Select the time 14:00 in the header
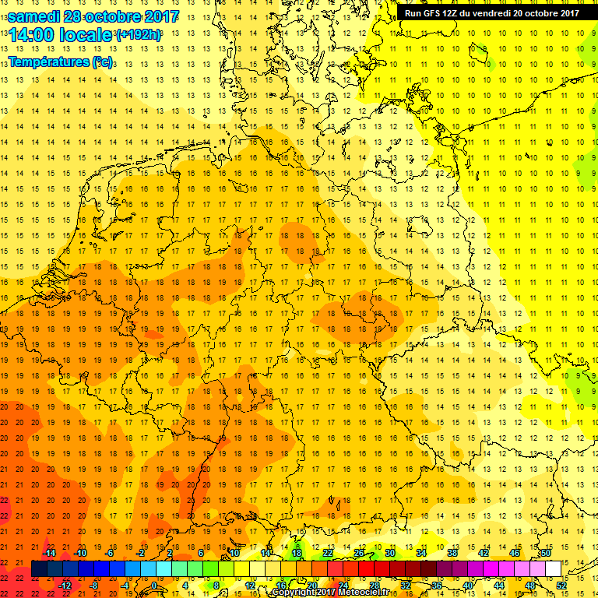(x=33, y=35)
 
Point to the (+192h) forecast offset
(x=139, y=36)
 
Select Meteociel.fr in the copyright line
(x=358, y=593)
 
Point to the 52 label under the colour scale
(x=561, y=586)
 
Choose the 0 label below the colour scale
(x=154, y=586)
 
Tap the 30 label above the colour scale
(x=389, y=553)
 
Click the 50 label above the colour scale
(x=546, y=553)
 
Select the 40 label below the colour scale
(x=468, y=586)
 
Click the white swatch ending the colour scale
(x=554, y=569)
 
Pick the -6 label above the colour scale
(x=110, y=553)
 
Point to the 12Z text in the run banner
(x=456, y=13)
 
